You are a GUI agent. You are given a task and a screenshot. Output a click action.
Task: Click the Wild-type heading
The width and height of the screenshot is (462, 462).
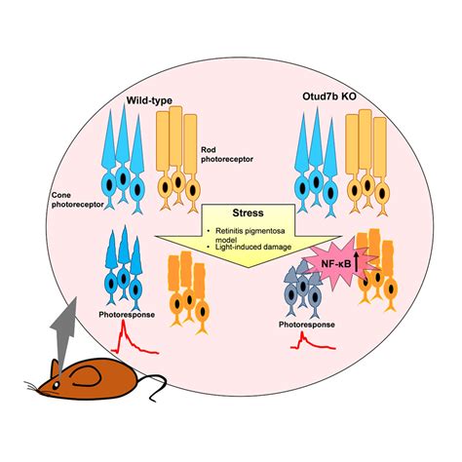click(x=147, y=99)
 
